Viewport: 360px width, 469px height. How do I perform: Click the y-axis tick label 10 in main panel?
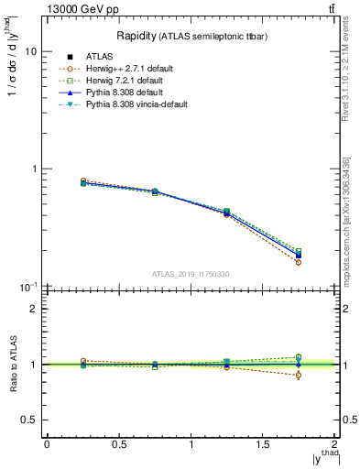tap(29, 52)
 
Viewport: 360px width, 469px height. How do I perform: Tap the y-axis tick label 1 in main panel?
tap(33, 169)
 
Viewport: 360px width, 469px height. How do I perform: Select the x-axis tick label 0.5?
tap(118, 444)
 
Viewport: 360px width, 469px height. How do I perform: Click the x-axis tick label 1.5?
tap(263, 444)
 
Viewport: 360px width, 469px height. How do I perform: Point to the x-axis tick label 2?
tap(335, 444)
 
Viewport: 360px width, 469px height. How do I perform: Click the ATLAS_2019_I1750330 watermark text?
tap(191, 274)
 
